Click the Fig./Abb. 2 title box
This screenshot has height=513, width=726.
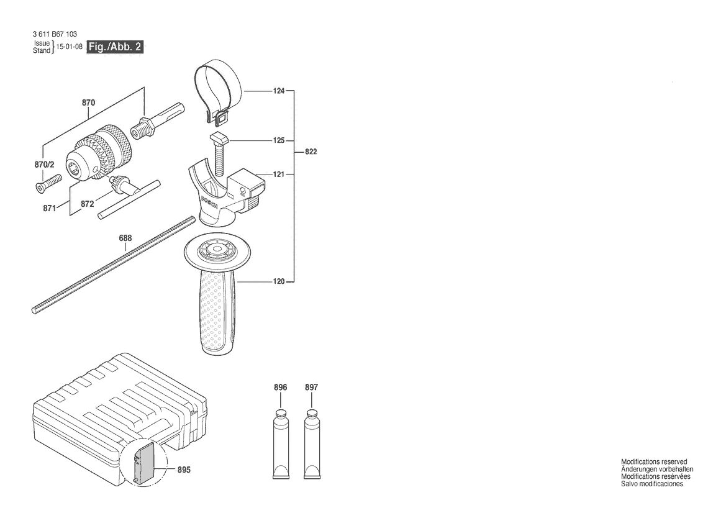click(x=115, y=47)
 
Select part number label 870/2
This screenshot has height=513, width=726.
click(x=45, y=165)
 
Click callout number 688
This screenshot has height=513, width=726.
click(x=125, y=238)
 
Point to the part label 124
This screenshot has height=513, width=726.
click(x=278, y=91)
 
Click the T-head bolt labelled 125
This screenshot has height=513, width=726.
click(x=220, y=150)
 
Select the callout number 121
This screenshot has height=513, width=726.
click(x=278, y=175)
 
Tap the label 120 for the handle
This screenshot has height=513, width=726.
click(x=278, y=281)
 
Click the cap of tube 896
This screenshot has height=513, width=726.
click(x=281, y=414)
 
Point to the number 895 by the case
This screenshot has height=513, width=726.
click(x=184, y=470)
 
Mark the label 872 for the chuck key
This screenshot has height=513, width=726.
click(x=87, y=204)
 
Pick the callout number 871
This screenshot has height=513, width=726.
click(x=49, y=208)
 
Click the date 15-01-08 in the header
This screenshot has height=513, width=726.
click(x=69, y=47)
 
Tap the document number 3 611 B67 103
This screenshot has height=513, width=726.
click(x=55, y=34)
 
